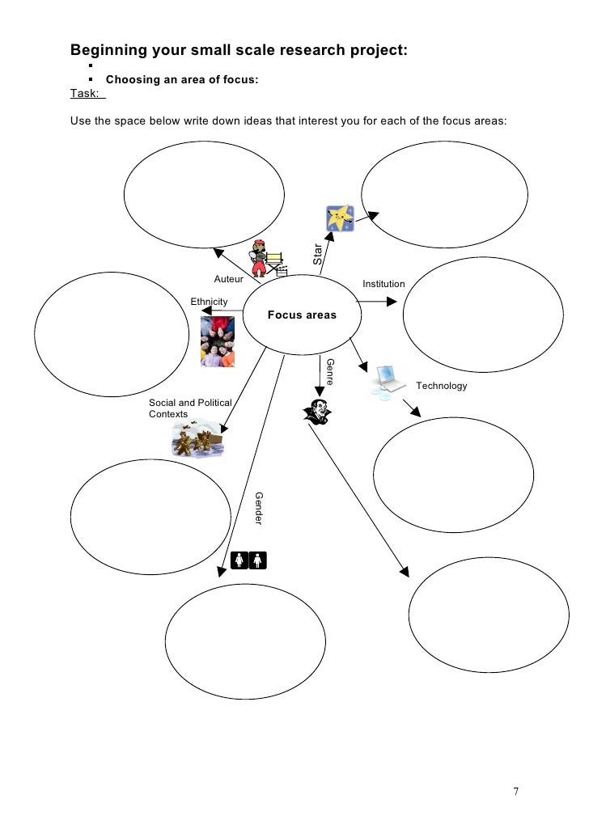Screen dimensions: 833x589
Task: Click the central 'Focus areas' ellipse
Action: click(x=302, y=315)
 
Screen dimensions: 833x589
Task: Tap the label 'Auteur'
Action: click(x=228, y=279)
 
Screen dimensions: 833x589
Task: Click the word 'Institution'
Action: click(x=383, y=285)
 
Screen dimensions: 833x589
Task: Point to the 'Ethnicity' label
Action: click(x=209, y=302)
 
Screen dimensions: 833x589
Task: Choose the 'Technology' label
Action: click(x=442, y=386)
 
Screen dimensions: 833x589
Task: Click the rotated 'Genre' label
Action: click(x=330, y=371)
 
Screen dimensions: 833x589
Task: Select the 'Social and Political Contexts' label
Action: click(x=190, y=408)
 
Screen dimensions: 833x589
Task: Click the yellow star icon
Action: click(x=339, y=218)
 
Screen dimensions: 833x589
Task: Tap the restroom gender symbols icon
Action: click(x=248, y=559)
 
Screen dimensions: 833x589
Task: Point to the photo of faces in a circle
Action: click(x=218, y=341)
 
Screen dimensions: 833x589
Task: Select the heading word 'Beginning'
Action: click(x=108, y=51)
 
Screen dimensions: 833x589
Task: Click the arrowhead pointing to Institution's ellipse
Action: click(x=393, y=302)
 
